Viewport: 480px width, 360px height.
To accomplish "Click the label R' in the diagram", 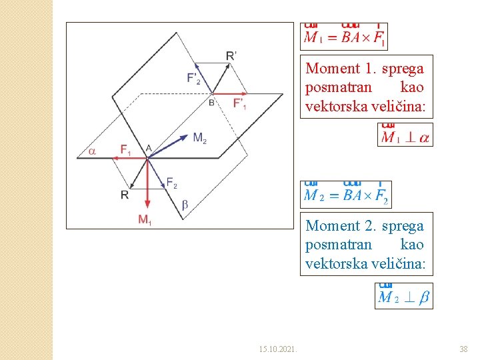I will pyautogui.click(x=231, y=55).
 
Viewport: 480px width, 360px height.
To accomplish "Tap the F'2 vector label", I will pyautogui.click(x=193, y=79).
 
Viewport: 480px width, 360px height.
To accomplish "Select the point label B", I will pyautogui.click(x=211, y=103).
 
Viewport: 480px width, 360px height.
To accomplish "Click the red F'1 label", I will pyautogui.click(x=240, y=103).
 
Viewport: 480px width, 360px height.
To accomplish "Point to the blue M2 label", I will pyautogui.click(x=199, y=138).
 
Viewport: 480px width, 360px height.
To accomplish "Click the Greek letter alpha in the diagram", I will pyautogui.click(x=92, y=151).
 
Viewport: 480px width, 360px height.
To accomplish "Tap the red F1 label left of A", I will pyautogui.click(x=125, y=149).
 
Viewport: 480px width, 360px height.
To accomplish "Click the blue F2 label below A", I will pyautogui.click(x=171, y=183).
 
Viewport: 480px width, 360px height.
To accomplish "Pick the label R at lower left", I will pyautogui.click(x=124, y=194).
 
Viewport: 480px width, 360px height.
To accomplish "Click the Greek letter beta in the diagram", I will pyautogui.click(x=185, y=205).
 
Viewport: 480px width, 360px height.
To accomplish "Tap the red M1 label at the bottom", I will pyautogui.click(x=145, y=219).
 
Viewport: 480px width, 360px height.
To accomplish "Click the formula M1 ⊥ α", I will pyautogui.click(x=405, y=137).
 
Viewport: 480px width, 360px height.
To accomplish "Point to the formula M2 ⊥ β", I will pyautogui.click(x=404, y=297).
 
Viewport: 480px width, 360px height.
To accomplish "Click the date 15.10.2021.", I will pyautogui.click(x=278, y=349).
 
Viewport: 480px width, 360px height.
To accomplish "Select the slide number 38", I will pyautogui.click(x=463, y=349).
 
